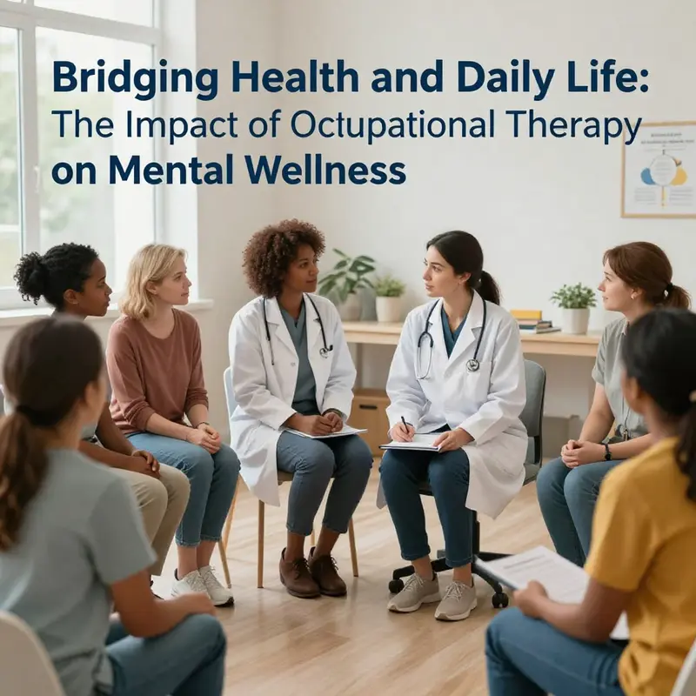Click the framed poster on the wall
pyautogui.click(x=659, y=170)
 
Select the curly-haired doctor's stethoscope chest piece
pyautogui.click(x=325, y=351)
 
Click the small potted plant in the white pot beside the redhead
pyautogui.click(x=574, y=309)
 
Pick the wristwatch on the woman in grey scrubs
pyautogui.click(x=606, y=451)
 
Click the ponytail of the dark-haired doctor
pyautogui.click(x=489, y=287)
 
